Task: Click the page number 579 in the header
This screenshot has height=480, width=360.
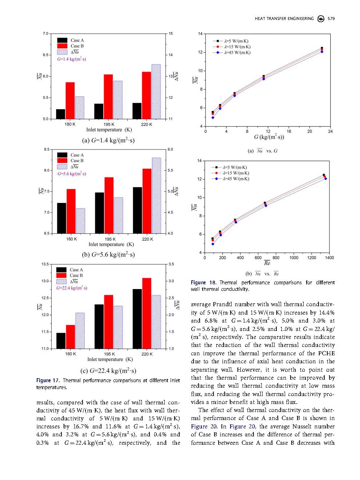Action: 331,19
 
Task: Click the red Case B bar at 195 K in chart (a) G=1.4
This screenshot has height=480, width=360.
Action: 108,97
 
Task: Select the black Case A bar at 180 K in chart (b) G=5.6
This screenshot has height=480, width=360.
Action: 62,218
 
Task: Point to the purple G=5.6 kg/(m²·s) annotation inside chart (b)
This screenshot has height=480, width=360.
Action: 72,174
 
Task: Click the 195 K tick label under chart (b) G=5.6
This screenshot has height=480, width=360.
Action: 110,239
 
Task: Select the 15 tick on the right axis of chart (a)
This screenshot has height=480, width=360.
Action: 171,33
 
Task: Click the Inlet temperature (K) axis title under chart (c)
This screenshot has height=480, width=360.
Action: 110,360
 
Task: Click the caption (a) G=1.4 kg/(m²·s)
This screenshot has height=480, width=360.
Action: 108,140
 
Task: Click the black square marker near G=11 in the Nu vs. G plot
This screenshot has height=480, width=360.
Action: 264,76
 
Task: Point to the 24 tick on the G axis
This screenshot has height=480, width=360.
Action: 330,132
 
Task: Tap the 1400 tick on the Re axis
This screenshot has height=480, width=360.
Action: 329,258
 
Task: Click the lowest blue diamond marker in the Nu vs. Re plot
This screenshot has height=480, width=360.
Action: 213,244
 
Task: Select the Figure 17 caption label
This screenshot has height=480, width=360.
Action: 48,380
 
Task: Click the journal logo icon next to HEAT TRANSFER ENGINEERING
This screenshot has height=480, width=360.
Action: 321,19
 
